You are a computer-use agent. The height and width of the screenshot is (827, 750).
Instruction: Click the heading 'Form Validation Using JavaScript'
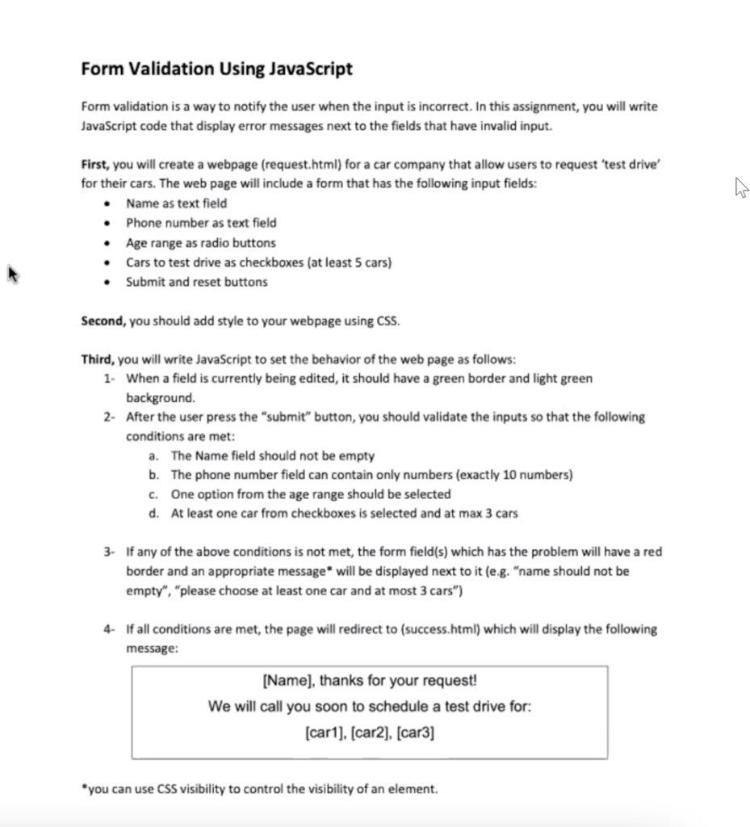click(x=216, y=69)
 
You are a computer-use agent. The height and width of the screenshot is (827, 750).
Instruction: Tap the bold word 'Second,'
click(x=103, y=321)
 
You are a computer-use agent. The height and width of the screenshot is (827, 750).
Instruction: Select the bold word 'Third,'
click(x=98, y=359)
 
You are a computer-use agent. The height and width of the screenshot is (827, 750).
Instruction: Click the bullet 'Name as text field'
click(x=176, y=204)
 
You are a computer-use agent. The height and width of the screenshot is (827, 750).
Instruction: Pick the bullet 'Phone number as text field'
click(x=200, y=223)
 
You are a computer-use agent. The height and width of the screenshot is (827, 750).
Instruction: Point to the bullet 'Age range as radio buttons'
click(x=200, y=242)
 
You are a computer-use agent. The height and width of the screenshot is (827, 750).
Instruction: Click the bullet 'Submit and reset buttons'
click(x=196, y=282)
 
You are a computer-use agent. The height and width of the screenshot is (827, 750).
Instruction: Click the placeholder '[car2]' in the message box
click(x=370, y=733)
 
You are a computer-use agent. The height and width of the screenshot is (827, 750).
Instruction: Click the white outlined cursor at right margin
click(x=740, y=189)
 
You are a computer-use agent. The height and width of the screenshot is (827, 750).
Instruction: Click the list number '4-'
click(x=110, y=629)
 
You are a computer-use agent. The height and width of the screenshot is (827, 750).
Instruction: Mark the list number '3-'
click(x=110, y=552)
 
